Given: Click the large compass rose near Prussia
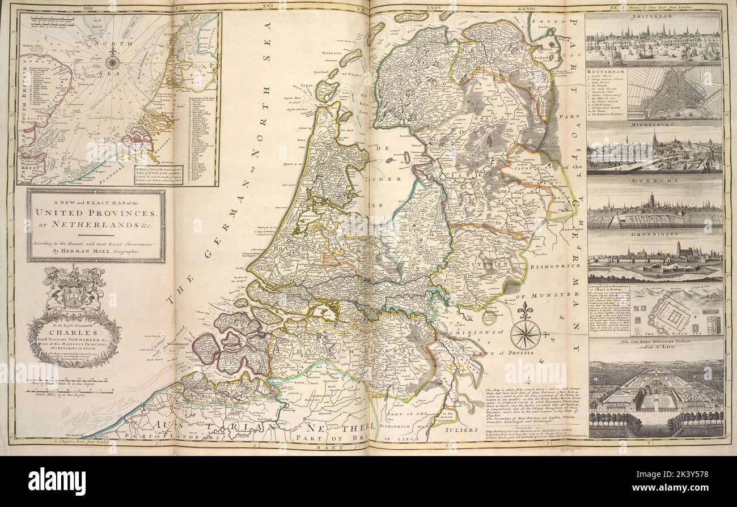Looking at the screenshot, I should tap(524, 334).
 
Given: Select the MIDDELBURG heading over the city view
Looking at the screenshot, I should tap(654, 125).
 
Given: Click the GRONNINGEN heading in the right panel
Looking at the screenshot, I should tap(654, 233).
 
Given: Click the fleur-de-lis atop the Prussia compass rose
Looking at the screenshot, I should tap(524, 310).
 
